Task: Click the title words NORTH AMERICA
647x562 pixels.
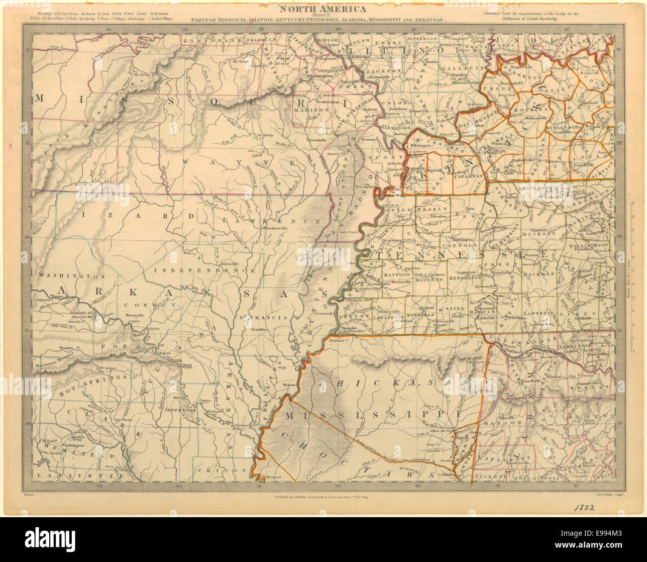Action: pyautogui.click(x=322, y=8)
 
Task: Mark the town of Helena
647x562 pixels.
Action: pyautogui.click(x=289, y=385)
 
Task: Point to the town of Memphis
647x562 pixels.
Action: pyautogui.click(x=347, y=329)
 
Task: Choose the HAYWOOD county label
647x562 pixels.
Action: pyautogui.click(x=396, y=274)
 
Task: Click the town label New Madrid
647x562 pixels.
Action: pyautogui.click(x=365, y=187)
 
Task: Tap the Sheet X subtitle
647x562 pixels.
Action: pyautogui.click(x=322, y=15)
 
